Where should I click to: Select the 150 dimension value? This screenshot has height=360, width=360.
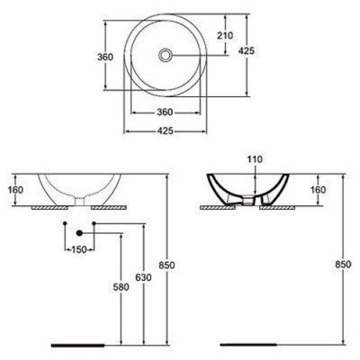click(x=81, y=249)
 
